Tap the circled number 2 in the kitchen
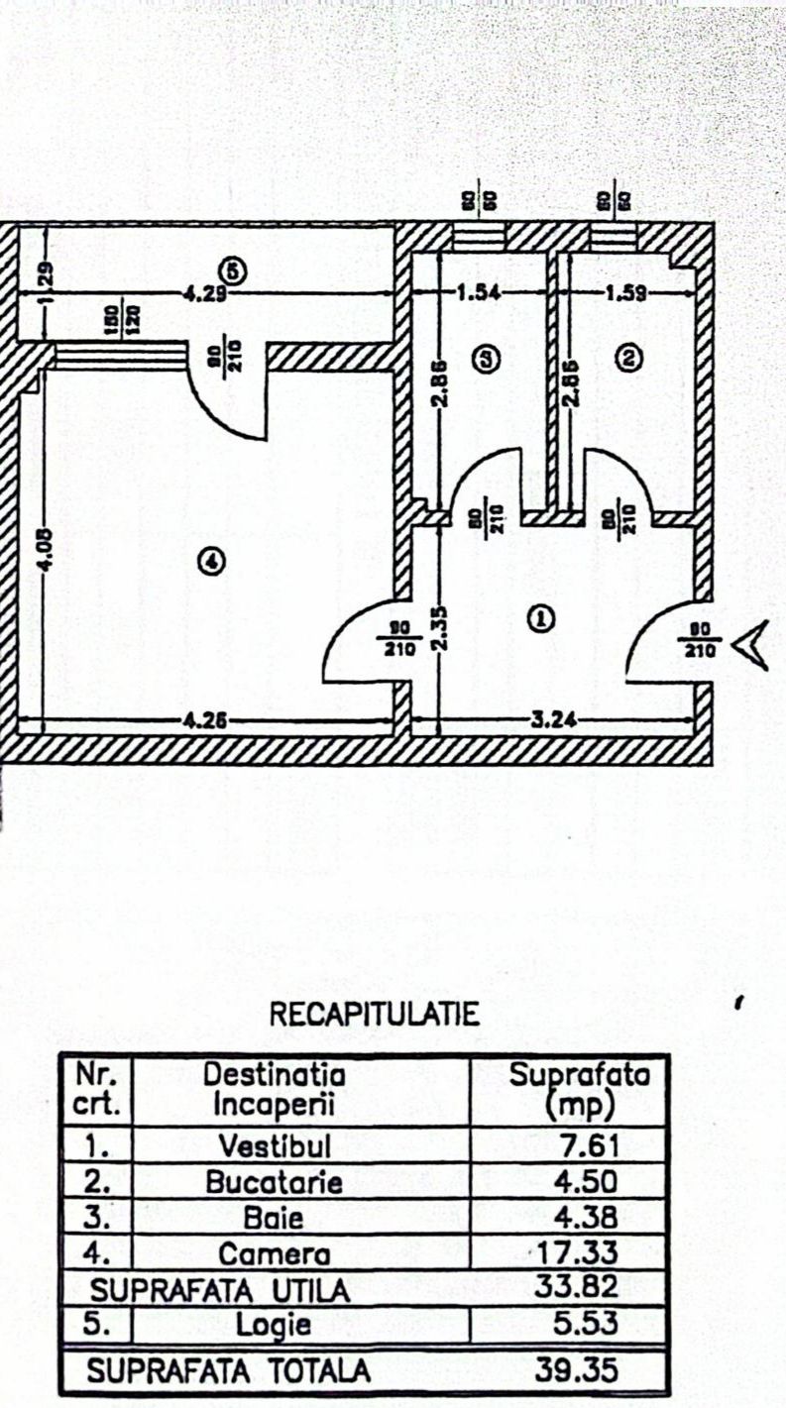tap(625, 356)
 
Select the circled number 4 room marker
tap(211, 562)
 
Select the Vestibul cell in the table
tap(275, 1146)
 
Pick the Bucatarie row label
tap(275, 1182)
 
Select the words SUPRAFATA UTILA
tap(219, 1290)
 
